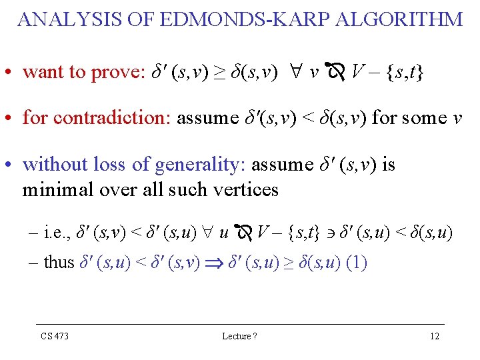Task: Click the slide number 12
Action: (x=435, y=336)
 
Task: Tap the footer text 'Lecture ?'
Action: (x=239, y=336)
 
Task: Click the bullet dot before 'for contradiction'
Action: (x=13, y=119)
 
